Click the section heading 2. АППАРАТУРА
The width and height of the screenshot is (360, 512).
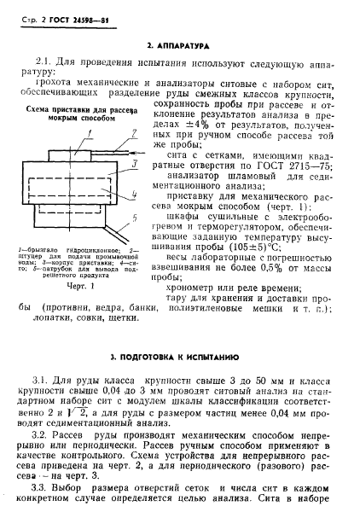[180, 44]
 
